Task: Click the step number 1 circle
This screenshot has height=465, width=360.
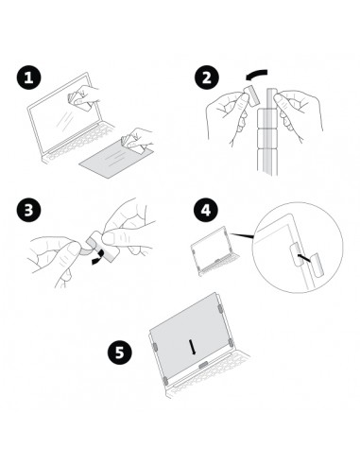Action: coord(29,77)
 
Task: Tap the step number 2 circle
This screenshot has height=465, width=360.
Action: coord(206,77)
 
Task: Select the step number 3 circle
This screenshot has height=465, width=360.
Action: coord(29,210)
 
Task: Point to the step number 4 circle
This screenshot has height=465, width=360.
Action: coord(206,210)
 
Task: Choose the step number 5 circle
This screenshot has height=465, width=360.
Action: coord(120,352)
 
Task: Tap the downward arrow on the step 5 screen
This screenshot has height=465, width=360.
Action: coord(192,347)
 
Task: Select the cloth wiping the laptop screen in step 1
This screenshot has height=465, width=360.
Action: coord(79,99)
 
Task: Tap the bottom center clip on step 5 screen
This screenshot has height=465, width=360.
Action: coord(203,365)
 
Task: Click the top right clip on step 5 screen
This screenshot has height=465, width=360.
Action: coord(220,309)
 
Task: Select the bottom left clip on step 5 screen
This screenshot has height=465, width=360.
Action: coord(165,381)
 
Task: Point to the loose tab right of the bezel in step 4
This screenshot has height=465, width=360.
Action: coord(317,265)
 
